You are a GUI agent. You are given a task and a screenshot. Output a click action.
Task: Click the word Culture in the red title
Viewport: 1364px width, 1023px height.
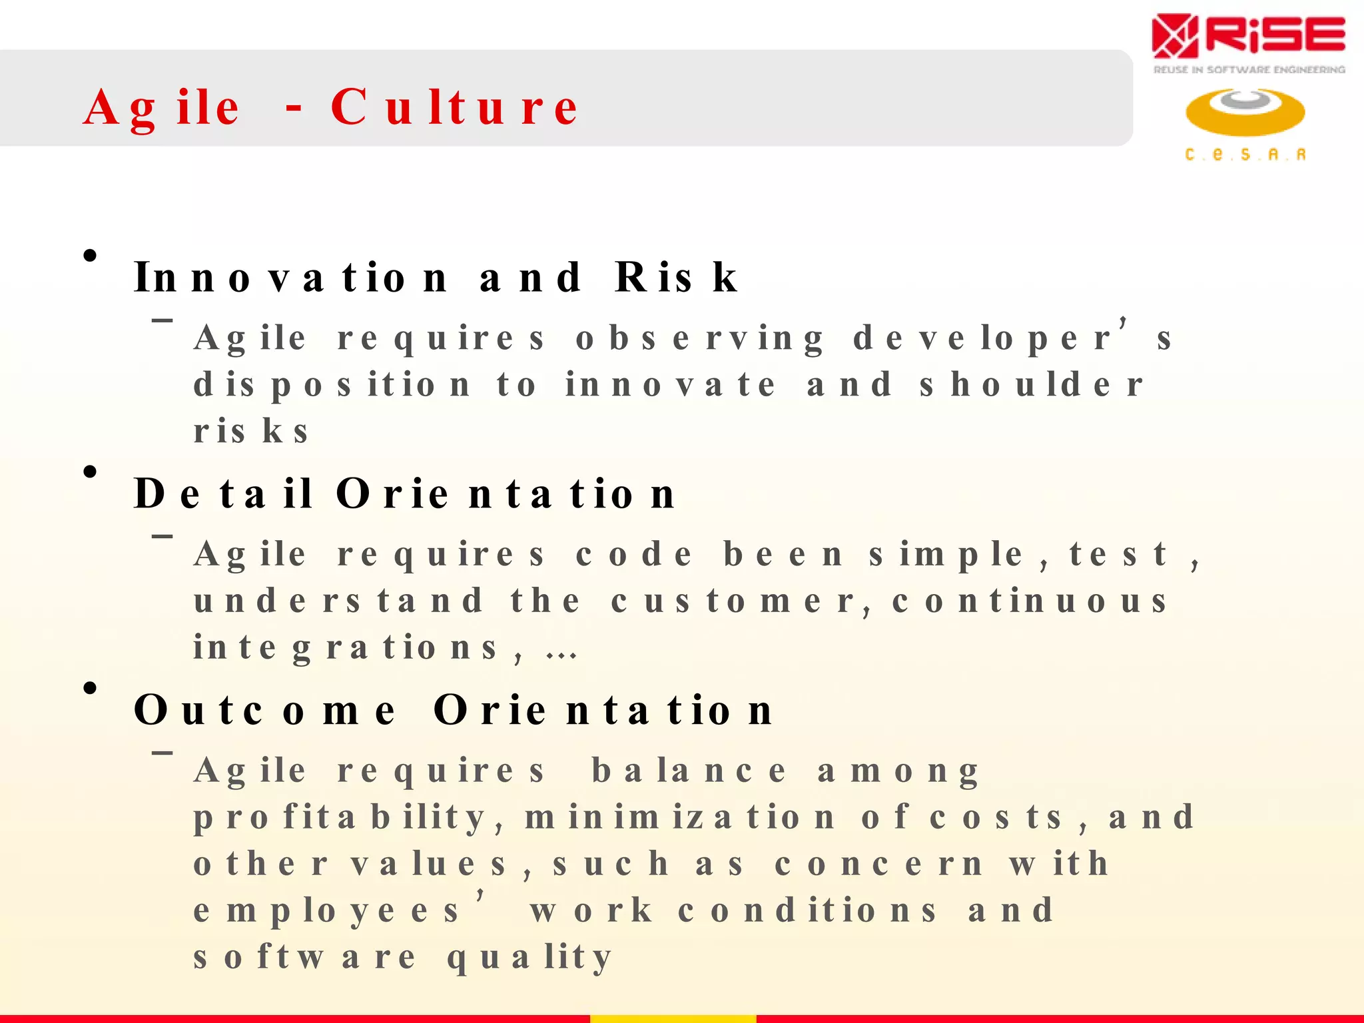tap(454, 107)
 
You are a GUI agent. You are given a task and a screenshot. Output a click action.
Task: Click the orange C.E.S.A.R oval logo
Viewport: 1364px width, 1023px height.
tap(1245, 112)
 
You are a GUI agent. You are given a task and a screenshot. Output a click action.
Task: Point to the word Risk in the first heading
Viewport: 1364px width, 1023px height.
tap(676, 277)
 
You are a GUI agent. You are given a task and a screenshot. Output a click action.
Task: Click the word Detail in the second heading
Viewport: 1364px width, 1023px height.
tap(222, 494)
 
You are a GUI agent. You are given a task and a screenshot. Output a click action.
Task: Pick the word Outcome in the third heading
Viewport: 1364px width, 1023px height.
tap(264, 710)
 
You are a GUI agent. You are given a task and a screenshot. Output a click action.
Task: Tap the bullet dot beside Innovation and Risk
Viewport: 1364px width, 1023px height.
tap(90, 256)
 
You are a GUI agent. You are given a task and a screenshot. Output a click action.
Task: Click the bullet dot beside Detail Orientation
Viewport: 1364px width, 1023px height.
tap(90, 472)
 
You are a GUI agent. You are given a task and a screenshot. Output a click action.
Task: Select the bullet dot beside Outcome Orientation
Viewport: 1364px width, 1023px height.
tap(90, 689)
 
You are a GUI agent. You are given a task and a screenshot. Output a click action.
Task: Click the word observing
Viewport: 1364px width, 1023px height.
tap(699, 339)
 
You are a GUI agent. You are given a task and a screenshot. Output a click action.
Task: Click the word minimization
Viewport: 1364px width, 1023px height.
tap(679, 817)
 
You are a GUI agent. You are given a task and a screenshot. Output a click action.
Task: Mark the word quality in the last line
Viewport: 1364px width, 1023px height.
tap(529, 958)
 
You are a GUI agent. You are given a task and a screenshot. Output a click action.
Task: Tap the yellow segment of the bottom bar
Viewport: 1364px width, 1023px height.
tap(673, 1018)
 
